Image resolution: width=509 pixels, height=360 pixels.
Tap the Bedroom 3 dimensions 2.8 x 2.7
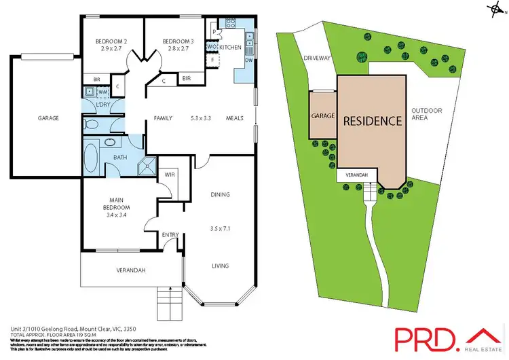pyautogui.click(x=178, y=50)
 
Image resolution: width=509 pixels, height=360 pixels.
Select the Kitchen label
pyautogui.click(x=231, y=47)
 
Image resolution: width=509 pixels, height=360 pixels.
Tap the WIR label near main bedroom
pyautogui.click(x=170, y=175)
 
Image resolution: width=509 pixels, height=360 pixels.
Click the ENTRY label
pyautogui.click(x=170, y=235)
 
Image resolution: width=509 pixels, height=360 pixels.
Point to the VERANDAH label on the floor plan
pyautogui.click(x=131, y=270)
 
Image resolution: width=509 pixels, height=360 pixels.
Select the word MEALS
pyautogui.click(x=235, y=118)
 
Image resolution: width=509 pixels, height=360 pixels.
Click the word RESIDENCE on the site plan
pyautogui.click(x=371, y=122)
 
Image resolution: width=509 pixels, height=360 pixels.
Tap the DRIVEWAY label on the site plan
pyautogui.click(x=317, y=58)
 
